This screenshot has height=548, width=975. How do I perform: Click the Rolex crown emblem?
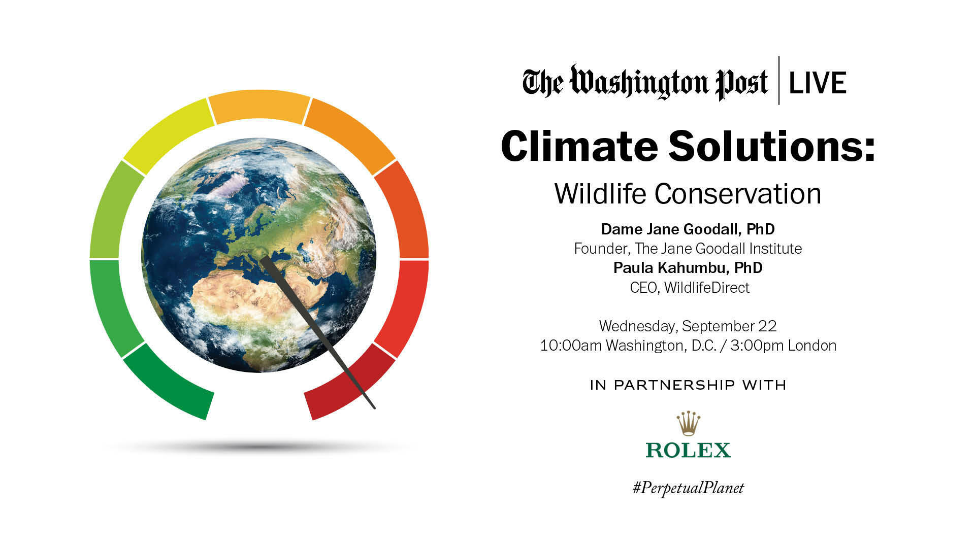pos(688,424)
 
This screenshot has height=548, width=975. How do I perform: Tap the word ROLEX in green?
pos(688,450)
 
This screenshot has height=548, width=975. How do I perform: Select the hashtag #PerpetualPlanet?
pos(688,488)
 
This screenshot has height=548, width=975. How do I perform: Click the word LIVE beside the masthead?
pos(818,83)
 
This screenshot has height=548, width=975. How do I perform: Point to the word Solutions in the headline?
pos(772,146)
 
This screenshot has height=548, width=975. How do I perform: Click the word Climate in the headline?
pos(579,146)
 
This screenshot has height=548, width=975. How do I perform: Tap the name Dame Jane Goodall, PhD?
pos(688,229)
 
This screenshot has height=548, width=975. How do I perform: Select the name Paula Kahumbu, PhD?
pos(688,268)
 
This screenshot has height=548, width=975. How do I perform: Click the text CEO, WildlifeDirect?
pos(690,288)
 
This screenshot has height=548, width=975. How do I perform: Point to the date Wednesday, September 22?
pos(688,326)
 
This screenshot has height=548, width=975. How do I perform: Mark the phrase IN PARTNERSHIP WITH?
pos(688,385)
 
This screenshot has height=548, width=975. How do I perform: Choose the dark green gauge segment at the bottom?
pos(168,383)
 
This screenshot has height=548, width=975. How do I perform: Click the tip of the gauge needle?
pos(373,407)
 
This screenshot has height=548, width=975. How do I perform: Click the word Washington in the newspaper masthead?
pos(640,83)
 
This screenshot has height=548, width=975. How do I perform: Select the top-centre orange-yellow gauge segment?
pos(259,106)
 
